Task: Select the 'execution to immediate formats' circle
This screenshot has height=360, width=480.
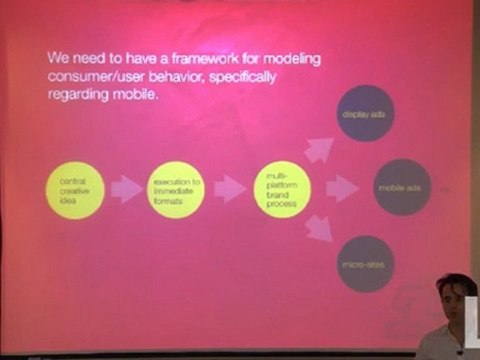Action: coord(176,188)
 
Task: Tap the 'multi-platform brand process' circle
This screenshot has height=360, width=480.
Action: coord(279,187)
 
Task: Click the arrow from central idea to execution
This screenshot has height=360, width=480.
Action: coord(125,188)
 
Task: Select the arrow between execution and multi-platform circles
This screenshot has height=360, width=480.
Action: coord(229,188)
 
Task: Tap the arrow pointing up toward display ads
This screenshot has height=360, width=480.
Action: coord(319,149)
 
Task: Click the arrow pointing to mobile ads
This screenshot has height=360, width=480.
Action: coord(340,187)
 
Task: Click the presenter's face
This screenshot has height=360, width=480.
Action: coord(453,305)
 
